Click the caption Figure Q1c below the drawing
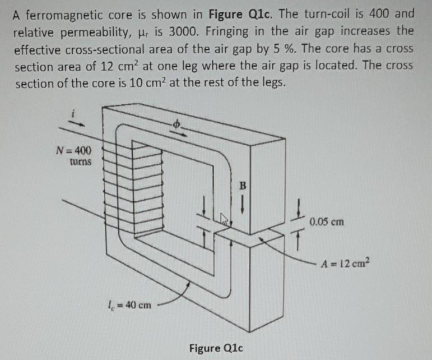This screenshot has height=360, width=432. coord(212,348)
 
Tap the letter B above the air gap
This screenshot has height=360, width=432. coord(243,184)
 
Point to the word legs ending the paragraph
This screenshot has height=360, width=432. coord(273,84)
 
